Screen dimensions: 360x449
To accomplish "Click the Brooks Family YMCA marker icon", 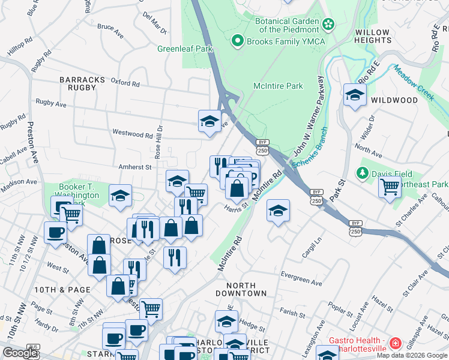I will tap(238, 41).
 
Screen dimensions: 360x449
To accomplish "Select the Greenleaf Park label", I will tap(177, 49).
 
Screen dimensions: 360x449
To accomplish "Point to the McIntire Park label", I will tap(278, 86).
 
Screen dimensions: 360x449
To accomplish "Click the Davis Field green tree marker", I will tap(362, 174).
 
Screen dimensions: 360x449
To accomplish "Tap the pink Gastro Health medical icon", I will tap(395, 344).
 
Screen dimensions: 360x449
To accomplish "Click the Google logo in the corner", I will tap(20, 353).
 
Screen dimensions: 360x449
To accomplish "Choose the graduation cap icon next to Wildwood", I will tap(355, 95).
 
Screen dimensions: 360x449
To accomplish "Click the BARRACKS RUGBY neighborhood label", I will tap(77, 83).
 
